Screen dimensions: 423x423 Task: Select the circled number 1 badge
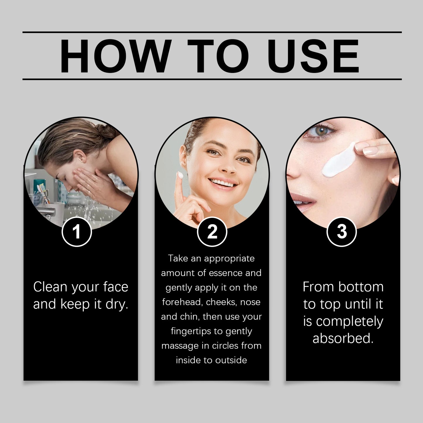(77, 232)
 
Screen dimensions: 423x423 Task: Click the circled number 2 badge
(212, 232)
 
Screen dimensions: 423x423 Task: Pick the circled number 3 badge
(341, 232)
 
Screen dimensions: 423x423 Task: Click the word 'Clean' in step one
(50, 287)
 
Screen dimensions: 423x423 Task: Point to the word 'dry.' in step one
(117, 304)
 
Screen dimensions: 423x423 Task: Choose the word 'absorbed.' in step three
(343, 338)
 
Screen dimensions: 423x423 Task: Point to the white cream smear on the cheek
(338, 162)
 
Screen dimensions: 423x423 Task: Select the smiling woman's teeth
(223, 184)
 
